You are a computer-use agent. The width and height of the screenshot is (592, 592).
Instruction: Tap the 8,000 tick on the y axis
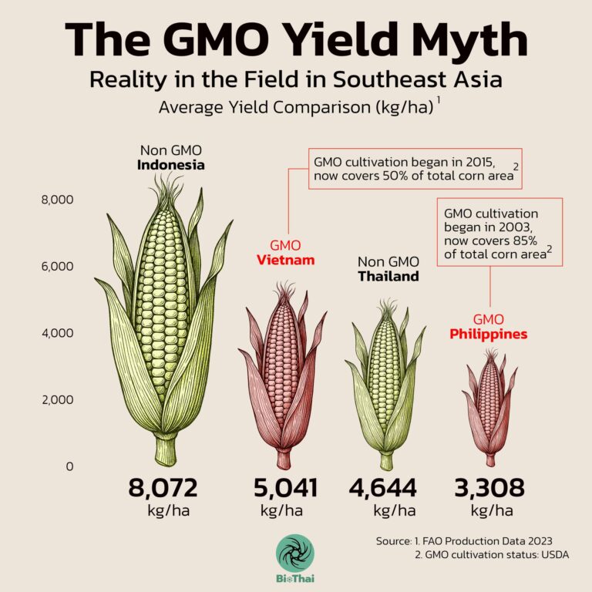56,200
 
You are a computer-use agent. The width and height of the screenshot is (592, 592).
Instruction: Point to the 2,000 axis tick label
56,399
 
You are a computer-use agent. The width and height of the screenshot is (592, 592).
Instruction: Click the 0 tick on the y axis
69,466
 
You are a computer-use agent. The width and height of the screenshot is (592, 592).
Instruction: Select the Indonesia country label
171,165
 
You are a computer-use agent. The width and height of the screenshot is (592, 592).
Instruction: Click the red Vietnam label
285,260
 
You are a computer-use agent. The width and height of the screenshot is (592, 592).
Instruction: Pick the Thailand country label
388,276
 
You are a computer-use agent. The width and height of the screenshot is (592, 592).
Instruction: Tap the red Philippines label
489,334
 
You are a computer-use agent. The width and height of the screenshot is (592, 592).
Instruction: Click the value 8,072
163,487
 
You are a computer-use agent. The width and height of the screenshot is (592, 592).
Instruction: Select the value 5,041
285,487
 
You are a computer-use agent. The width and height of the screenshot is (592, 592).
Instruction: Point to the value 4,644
383,487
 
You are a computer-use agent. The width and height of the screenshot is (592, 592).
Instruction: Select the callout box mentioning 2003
499,232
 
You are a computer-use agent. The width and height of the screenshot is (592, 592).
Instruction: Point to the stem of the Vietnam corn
284,459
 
